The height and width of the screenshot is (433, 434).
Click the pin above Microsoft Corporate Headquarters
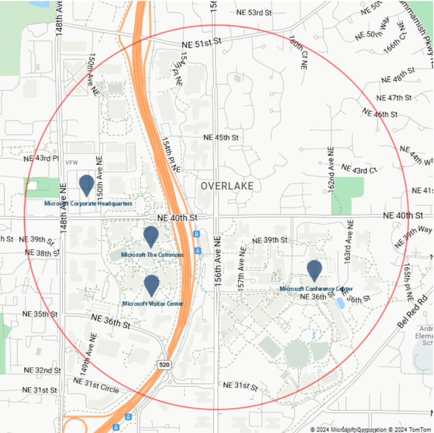[87, 184]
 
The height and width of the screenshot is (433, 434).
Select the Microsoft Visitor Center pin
[151, 284]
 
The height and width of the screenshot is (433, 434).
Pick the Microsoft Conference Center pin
[314, 269]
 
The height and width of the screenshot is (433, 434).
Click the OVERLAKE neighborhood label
[227, 186]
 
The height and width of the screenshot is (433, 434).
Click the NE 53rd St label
[254, 13]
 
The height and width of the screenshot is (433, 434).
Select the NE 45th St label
[221, 137]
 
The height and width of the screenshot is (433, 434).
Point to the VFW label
[72, 163]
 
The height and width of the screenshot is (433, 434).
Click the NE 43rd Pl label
[41, 158]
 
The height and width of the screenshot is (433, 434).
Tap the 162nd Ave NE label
[331, 170]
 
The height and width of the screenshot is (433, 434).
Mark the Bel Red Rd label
[413, 311]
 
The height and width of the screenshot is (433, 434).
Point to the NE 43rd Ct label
[359, 169]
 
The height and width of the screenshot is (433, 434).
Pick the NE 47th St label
[394, 98]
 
